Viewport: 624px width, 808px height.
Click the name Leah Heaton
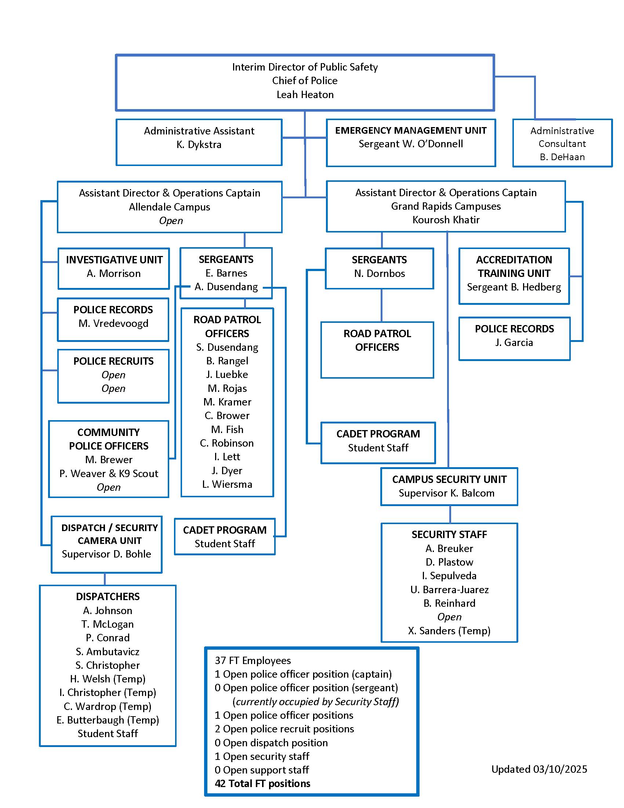pyautogui.click(x=305, y=95)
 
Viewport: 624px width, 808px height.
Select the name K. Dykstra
pyautogui.click(x=199, y=145)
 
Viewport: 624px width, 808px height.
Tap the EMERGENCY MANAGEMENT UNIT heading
pyautogui.click(x=411, y=131)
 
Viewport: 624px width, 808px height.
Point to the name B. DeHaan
pyautogui.click(x=562, y=157)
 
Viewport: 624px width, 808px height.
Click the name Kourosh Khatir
pyautogui.click(x=446, y=220)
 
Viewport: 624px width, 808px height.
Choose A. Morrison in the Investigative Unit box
pyautogui.click(x=113, y=273)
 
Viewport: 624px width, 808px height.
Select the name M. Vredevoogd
pyautogui.click(x=113, y=323)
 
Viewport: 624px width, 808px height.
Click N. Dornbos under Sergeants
pyautogui.click(x=379, y=273)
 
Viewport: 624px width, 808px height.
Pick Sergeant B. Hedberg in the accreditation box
pyautogui.click(x=514, y=287)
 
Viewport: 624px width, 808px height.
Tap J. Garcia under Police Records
pyautogui.click(x=514, y=343)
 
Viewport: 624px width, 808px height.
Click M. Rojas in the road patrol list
pyautogui.click(x=227, y=389)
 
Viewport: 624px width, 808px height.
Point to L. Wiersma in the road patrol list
pyautogui.click(x=227, y=484)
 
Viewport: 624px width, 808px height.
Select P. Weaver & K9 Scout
pyautogui.click(x=109, y=473)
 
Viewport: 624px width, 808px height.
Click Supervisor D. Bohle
pyautogui.click(x=106, y=554)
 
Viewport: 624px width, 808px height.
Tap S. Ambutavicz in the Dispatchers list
pyautogui.click(x=108, y=652)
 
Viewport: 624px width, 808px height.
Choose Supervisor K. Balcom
pyautogui.click(x=446, y=493)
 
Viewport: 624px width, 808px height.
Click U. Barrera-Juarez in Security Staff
pyautogui.click(x=449, y=590)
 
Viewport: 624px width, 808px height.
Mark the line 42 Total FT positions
pyautogui.click(x=262, y=784)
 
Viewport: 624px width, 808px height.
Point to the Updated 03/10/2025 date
pyautogui.click(x=539, y=769)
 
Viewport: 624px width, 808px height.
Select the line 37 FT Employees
pyautogui.click(x=253, y=660)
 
